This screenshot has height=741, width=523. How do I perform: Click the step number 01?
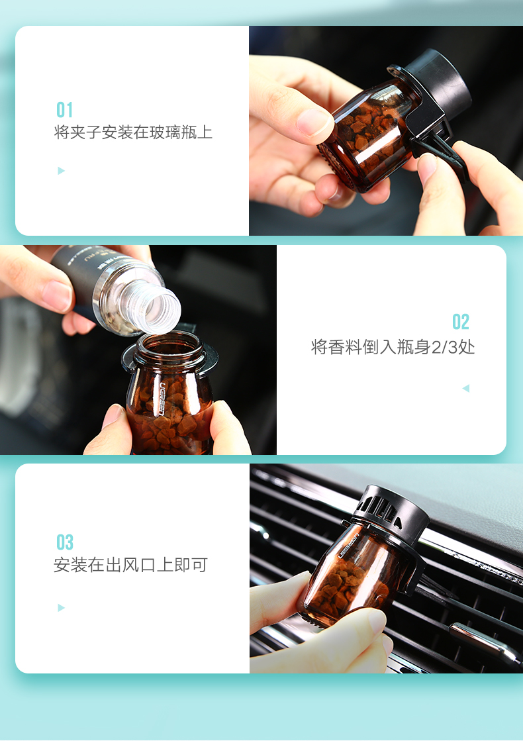tap(64, 110)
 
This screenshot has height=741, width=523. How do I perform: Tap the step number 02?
tap(461, 322)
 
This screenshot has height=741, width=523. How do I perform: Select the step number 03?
tap(65, 542)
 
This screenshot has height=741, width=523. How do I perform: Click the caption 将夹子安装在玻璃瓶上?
tap(133, 132)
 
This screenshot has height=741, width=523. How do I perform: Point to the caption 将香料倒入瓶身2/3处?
tap(393, 347)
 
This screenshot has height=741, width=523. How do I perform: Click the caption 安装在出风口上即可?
tap(130, 565)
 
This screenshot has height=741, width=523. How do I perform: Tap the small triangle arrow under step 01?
tap(62, 171)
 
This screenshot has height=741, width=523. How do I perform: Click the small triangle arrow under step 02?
tap(465, 388)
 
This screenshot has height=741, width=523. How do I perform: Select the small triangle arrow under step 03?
tap(62, 608)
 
